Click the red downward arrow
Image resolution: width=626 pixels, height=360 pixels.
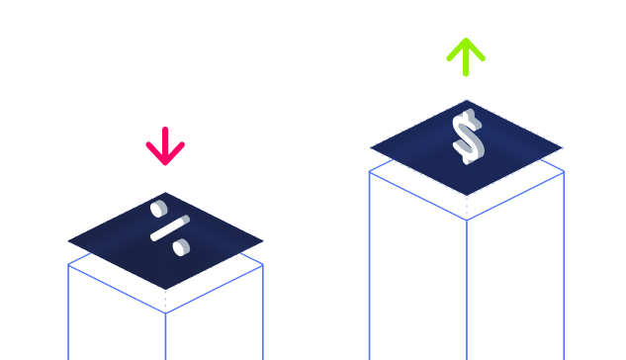[165, 146]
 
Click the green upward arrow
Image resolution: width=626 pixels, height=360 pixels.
[466, 56]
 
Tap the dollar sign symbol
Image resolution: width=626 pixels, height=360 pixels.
[469, 136]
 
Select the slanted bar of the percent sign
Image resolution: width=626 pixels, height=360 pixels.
[170, 228]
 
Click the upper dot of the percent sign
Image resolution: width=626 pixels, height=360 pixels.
[159, 209]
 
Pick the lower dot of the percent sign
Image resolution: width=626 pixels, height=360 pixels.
[181, 247]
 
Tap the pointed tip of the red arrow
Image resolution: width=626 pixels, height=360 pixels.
[165, 164]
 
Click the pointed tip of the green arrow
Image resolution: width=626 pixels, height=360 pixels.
[466, 39]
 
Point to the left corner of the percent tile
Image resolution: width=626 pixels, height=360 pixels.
[68, 240]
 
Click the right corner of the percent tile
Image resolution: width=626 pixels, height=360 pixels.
[263, 240]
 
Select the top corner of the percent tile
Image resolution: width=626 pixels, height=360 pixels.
[166, 193]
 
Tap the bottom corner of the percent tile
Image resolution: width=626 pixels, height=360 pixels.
[166, 290]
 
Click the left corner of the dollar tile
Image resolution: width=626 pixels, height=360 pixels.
[370, 147]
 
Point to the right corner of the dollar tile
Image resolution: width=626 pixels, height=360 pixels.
[563, 147]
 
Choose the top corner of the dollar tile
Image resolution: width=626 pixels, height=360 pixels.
[467, 100]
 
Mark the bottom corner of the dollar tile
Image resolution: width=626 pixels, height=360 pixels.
[467, 196]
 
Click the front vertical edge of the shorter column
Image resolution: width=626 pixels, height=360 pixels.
[166, 336]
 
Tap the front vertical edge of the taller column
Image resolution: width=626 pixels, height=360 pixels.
[467, 290]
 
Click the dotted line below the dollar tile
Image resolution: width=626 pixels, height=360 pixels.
[467, 208]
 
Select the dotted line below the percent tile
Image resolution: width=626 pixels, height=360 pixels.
[166, 302]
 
